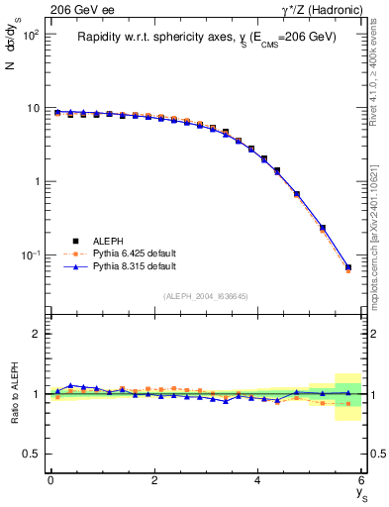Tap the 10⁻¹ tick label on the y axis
click(x=29, y=255)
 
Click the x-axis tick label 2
click(x=154, y=480)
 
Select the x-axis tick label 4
click(x=258, y=480)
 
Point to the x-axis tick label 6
click(x=361, y=480)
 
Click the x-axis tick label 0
click(x=50, y=480)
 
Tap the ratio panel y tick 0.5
click(x=33, y=454)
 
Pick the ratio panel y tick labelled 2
click(x=37, y=334)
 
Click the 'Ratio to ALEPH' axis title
click(x=14, y=393)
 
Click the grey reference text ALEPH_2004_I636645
click(x=206, y=295)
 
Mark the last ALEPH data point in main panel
click(x=348, y=267)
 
